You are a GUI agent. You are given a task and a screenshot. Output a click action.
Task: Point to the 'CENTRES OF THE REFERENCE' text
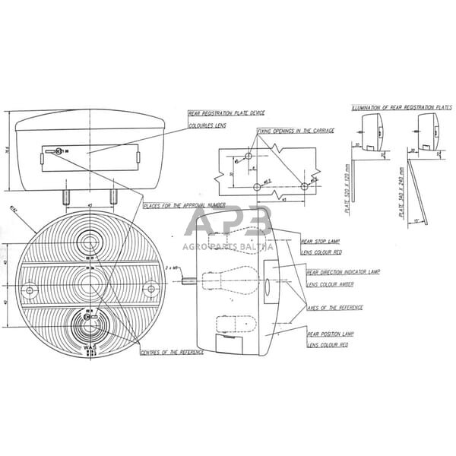coord(171,353)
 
